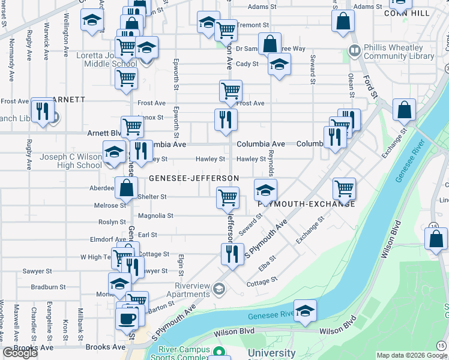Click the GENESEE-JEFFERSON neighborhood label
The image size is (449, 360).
pyautogui.click(x=194, y=178)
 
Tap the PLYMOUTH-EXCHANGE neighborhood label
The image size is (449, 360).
pyautogui.click(x=306, y=204)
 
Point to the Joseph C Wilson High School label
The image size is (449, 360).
pyautogui.click(x=71, y=161)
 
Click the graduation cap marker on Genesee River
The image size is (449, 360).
pyautogui.click(x=306, y=311)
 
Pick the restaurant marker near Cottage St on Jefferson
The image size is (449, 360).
pyautogui.click(x=231, y=253)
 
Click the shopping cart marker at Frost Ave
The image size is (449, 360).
pyautogui.click(x=231, y=91)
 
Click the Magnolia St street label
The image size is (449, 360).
pyautogui.click(x=155, y=215)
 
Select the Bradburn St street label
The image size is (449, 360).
pyautogui.click(x=47, y=287)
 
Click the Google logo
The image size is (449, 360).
pyautogui.click(x=20, y=353)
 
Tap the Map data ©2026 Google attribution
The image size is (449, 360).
pyautogui.click(x=411, y=355)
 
